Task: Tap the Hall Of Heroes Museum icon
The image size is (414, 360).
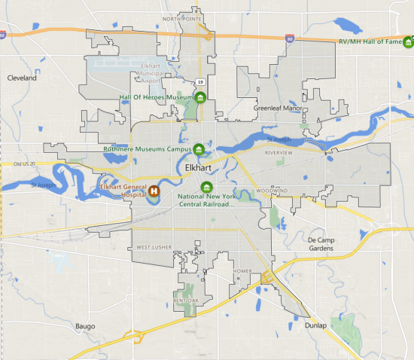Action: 201,98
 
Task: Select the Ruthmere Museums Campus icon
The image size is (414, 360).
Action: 199,148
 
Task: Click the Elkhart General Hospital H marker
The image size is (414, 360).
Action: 154,191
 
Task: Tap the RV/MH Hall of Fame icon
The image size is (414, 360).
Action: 409,41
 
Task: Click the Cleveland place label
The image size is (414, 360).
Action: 22,78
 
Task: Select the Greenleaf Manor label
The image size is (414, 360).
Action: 276,108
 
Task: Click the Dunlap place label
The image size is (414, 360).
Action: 316,325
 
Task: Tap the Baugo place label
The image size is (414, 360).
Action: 85,326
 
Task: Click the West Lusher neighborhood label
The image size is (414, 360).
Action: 154,247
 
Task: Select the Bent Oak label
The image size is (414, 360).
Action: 185,300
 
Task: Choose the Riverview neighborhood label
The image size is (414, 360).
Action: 279,152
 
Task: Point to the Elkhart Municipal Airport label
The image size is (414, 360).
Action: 158,75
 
